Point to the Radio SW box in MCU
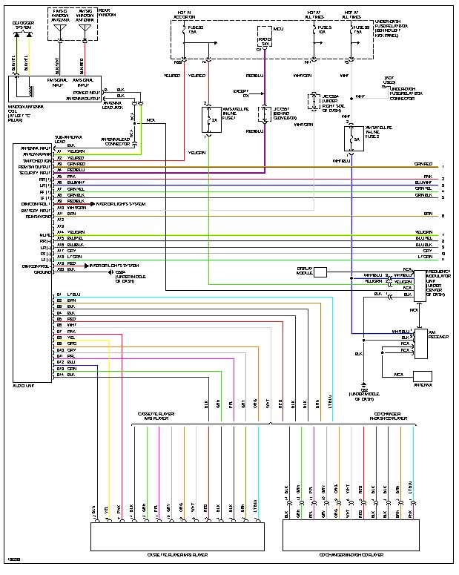(x=264, y=42)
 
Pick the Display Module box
(x=320, y=272)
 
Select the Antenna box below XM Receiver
(x=423, y=376)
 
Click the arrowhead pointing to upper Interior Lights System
(x=93, y=203)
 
